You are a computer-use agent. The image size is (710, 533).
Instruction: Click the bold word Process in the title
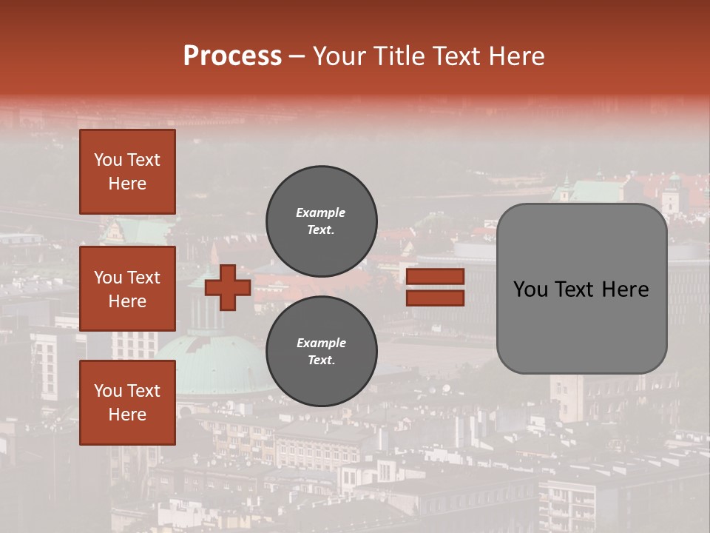232,56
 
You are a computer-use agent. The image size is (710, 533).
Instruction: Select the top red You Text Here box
127,172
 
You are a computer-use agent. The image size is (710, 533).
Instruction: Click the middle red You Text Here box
127,289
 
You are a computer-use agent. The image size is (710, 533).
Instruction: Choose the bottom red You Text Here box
127,403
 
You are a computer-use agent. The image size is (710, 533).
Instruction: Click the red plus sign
228,287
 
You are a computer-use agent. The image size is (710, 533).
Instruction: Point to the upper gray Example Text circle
321,221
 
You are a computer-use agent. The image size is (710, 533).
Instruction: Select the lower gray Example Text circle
321,352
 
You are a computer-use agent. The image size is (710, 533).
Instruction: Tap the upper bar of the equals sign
436,277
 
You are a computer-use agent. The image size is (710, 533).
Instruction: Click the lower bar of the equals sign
436,298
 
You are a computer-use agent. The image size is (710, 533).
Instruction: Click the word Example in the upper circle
321,212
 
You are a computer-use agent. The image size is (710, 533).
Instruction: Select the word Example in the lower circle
321,343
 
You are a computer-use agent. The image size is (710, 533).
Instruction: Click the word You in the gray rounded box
530,289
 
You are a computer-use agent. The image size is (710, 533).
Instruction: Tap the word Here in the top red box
127,184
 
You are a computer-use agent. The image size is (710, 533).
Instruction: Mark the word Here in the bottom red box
127,415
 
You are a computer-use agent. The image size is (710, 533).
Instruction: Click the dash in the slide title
297,56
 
